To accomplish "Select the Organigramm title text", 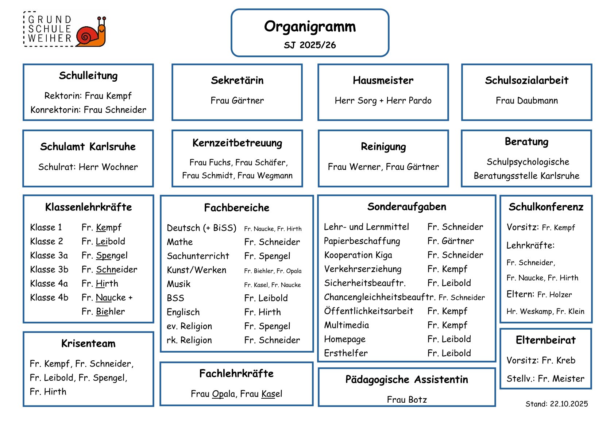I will (x=310, y=27).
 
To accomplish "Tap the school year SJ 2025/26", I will (x=310, y=45).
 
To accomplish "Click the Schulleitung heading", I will (x=88, y=76).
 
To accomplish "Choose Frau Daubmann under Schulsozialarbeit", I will (x=526, y=101).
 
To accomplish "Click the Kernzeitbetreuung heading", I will (x=237, y=143).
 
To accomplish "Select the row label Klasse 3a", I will (x=49, y=255).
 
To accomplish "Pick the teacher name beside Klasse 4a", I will (x=100, y=283).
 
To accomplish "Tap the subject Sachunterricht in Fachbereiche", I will (x=198, y=256).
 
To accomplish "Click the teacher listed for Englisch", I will (x=263, y=312).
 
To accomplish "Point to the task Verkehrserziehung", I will (x=363, y=269).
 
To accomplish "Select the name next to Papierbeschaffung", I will (x=451, y=241).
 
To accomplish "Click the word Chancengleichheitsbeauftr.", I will (x=379, y=297).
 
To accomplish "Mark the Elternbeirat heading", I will (x=545, y=340).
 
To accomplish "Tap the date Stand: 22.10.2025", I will (x=556, y=404).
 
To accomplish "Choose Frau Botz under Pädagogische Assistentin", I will (x=407, y=400).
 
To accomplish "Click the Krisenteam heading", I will (x=88, y=344).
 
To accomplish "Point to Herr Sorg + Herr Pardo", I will (x=383, y=101).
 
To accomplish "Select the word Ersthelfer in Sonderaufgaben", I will (x=346, y=353).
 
